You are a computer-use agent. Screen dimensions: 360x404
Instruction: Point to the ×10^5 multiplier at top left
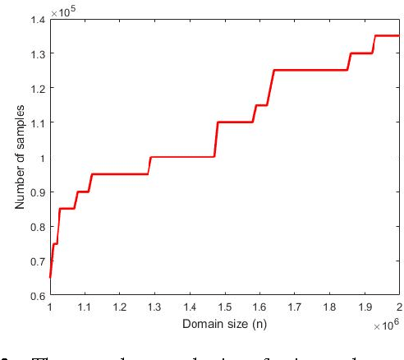click(62, 11)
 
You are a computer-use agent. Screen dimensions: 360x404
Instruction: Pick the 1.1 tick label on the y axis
click(36, 122)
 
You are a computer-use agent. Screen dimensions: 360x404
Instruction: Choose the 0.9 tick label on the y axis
click(36, 192)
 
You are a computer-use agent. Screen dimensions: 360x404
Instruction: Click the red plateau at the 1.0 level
click(182, 157)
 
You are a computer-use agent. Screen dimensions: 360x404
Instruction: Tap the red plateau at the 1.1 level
click(235, 122)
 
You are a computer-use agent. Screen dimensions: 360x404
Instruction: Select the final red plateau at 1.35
click(386, 35)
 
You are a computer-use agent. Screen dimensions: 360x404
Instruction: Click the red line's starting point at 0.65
click(51, 278)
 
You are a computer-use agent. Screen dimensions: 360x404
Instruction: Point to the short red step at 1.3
click(361, 53)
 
